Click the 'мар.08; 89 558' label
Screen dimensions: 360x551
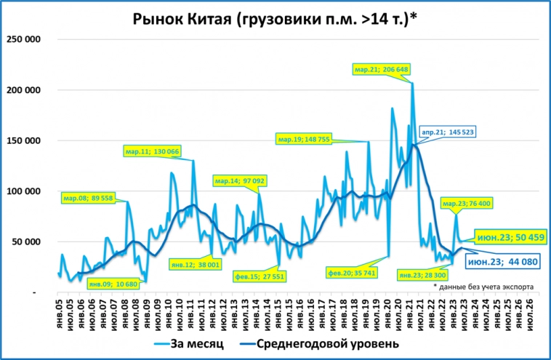click(x=90, y=198)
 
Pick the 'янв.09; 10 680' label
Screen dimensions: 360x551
click(x=113, y=284)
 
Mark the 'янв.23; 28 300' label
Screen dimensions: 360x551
click(x=422, y=275)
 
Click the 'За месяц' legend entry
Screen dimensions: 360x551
click(x=193, y=342)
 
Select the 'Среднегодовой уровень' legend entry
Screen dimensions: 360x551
click(x=326, y=342)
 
